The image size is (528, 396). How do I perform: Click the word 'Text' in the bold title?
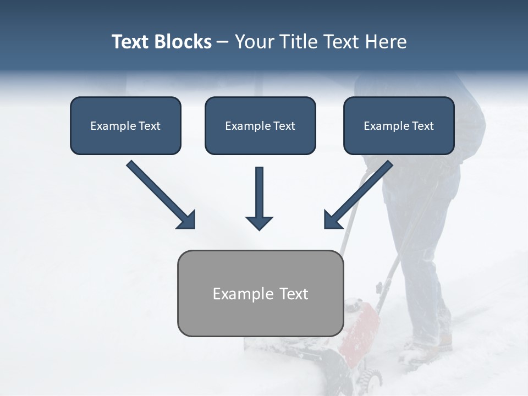pyautogui.click(x=130, y=42)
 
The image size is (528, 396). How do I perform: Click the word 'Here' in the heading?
pyautogui.click(x=385, y=42)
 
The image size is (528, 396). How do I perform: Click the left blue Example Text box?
pyautogui.click(x=125, y=126)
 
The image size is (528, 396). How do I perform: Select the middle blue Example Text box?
pyautogui.click(x=260, y=126)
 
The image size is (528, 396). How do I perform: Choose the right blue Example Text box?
pyautogui.click(x=399, y=126)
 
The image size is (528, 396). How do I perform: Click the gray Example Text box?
pyautogui.click(x=260, y=293)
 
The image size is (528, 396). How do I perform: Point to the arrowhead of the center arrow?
pyautogui.click(x=259, y=222)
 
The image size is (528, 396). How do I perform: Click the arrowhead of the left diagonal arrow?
pyautogui.click(x=187, y=220)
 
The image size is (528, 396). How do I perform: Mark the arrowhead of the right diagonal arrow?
pyautogui.click(x=332, y=220)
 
